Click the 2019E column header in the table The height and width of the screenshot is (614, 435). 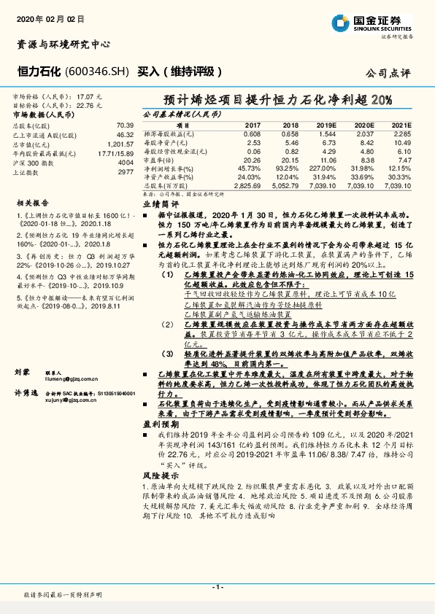tap(327, 125)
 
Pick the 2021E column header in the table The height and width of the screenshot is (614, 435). tap(402, 125)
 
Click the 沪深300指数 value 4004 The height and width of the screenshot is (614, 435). tap(126, 162)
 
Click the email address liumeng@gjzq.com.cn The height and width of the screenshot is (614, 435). tap(69, 380)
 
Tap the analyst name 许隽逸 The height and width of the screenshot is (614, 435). tap(26, 392)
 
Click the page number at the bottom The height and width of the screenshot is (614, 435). tap(217, 586)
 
